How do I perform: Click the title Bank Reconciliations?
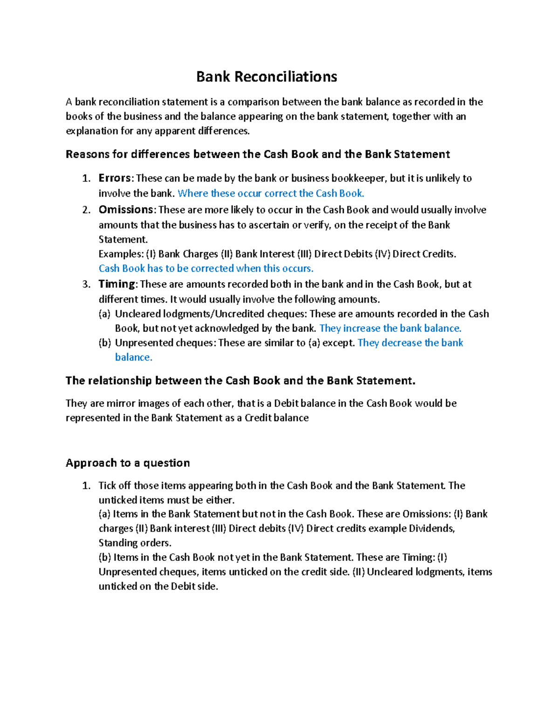tap(266, 76)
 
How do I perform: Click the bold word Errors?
tap(115, 178)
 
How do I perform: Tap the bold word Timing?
tap(116, 284)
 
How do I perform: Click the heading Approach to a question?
tap(128, 463)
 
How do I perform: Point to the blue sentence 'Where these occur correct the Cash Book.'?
tap(271, 193)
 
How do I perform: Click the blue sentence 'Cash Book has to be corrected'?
tap(206, 269)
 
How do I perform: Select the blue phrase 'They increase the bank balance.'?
tap(390, 328)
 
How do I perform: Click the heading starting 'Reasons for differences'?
tap(258, 154)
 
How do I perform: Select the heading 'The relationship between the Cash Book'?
tap(240, 381)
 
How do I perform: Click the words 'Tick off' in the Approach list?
tap(115, 485)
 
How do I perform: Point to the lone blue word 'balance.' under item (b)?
tap(134, 357)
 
